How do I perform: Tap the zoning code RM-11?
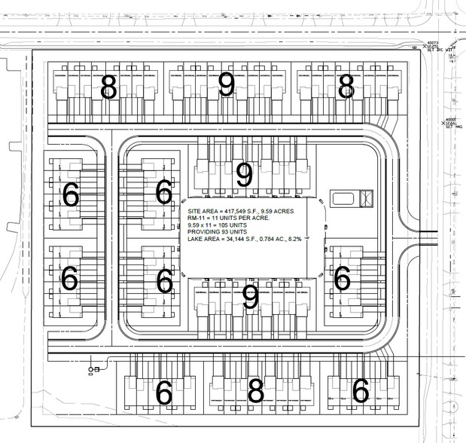198,219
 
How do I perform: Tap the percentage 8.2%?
305,240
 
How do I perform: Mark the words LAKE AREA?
206,240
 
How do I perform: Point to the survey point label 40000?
451,119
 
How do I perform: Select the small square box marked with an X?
367,199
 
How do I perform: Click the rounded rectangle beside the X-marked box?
344,199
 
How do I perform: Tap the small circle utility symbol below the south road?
91,368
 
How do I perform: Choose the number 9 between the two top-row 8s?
227,86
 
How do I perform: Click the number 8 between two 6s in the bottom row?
256,392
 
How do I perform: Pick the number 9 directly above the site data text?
244,175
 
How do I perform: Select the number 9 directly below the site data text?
251,298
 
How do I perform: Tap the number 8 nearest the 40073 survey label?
346,87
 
